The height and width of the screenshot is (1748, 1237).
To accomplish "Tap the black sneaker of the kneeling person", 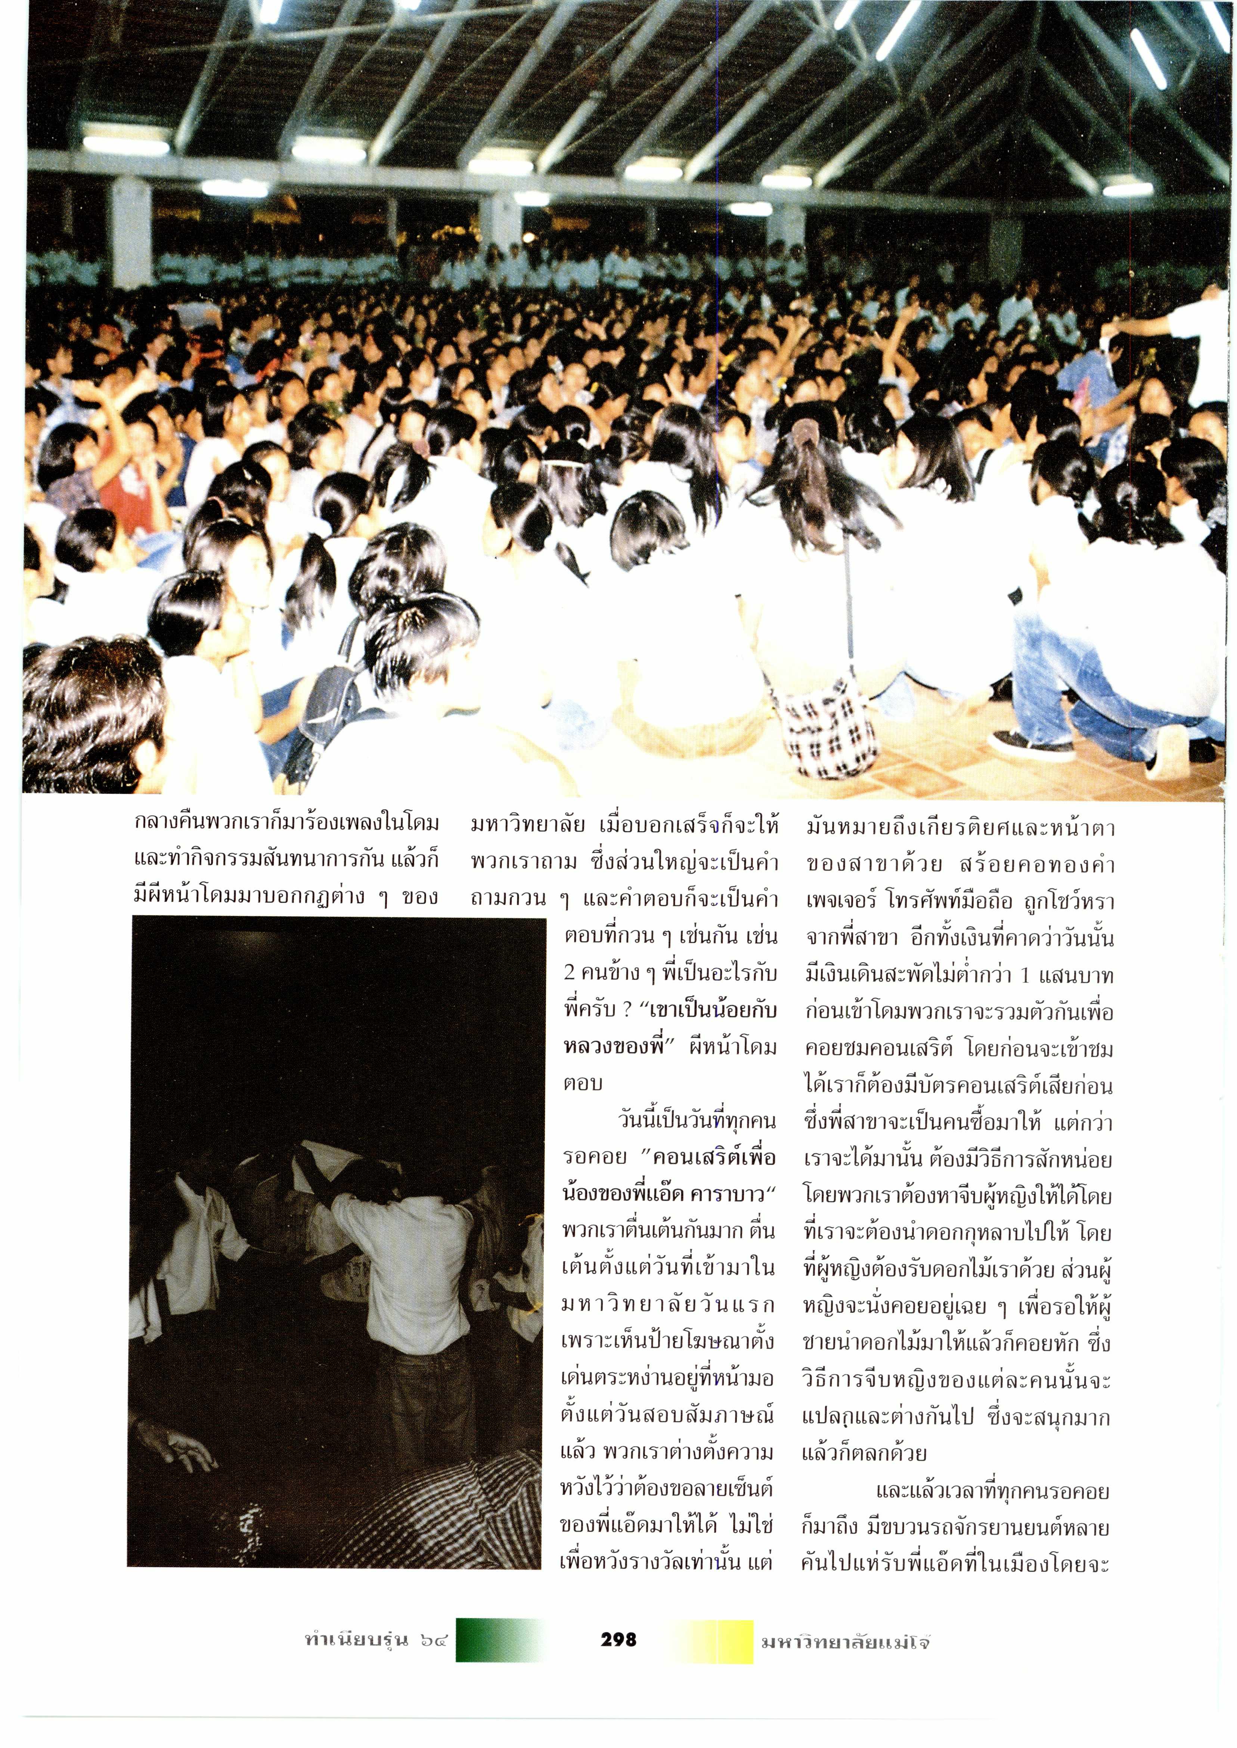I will point(1021,743).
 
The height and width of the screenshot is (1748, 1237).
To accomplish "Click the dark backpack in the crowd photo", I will point(328,704).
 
